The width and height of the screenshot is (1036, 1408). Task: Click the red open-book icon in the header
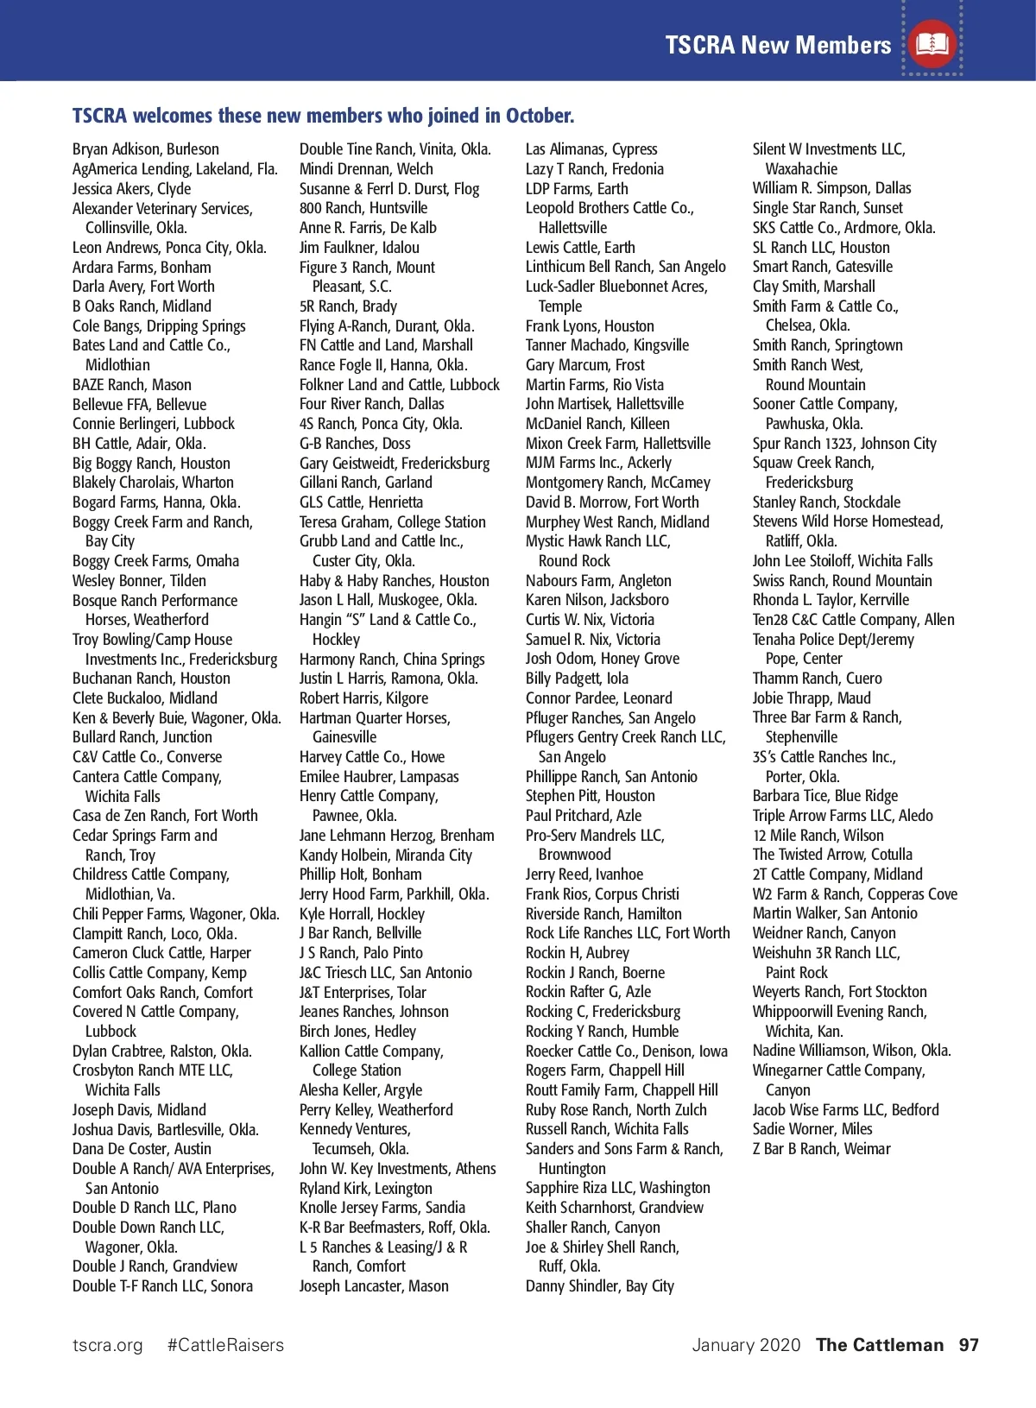click(x=932, y=43)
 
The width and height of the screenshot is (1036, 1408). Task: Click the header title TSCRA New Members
click(x=778, y=45)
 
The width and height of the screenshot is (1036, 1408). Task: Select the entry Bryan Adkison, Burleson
click(x=146, y=149)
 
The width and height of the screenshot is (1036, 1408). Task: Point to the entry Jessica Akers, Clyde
click(x=132, y=189)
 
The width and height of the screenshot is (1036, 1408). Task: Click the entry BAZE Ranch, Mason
click(x=132, y=385)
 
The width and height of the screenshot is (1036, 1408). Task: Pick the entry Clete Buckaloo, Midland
click(x=145, y=698)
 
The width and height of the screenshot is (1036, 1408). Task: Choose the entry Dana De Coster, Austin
click(x=142, y=1149)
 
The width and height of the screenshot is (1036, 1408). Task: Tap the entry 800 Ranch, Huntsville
click(x=363, y=208)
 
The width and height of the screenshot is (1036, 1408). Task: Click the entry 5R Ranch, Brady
click(x=348, y=306)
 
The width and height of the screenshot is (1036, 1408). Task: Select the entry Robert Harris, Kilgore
click(x=363, y=698)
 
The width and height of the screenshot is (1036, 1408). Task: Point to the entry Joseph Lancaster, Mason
click(x=374, y=1286)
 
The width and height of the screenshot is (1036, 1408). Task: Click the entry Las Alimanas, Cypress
click(x=591, y=149)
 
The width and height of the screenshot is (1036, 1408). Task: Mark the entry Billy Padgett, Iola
click(x=577, y=679)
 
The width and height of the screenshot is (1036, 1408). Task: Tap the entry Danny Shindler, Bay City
click(x=600, y=1286)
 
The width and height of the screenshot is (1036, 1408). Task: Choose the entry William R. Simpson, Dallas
click(x=831, y=188)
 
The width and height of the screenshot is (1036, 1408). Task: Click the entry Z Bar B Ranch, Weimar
click(x=821, y=1149)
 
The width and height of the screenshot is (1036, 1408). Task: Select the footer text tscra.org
click(x=108, y=1345)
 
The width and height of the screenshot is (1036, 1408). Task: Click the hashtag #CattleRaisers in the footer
click(x=225, y=1345)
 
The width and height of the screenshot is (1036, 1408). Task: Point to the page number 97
click(x=969, y=1345)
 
